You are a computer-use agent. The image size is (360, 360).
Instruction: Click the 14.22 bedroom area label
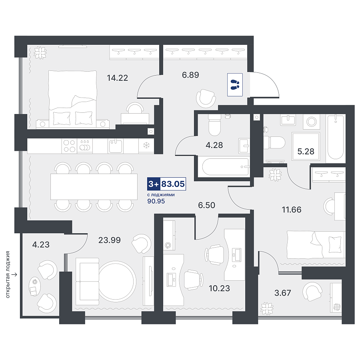click(117, 78)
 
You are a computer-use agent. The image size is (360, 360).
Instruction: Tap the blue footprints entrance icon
click(235, 85)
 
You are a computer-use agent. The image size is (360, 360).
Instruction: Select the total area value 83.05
click(173, 184)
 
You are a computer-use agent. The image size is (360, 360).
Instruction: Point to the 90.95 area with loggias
click(156, 201)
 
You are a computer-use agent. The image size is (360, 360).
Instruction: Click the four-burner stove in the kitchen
click(69, 146)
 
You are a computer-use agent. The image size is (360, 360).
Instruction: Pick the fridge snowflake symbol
click(146, 145)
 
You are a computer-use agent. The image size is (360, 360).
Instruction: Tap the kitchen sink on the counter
click(116, 146)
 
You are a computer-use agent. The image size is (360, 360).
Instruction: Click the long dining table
click(94, 186)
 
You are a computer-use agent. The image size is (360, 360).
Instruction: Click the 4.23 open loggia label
click(41, 244)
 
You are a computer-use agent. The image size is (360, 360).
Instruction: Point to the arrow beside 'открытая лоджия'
click(14, 274)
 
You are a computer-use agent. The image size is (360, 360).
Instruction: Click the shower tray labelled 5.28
click(306, 146)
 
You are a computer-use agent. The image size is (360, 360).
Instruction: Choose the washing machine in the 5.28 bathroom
click(311, 122)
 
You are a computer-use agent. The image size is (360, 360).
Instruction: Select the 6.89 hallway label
click(190, 75)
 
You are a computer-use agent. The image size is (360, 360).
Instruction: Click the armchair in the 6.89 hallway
click(206, 98)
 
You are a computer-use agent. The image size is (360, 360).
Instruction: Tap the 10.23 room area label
click(219, 288)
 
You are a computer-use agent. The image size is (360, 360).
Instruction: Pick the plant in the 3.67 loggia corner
click(267, 308)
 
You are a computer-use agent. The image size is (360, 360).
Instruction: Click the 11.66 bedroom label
click(292, 210)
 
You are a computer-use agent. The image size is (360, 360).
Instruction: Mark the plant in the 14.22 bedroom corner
click(40, 53)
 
